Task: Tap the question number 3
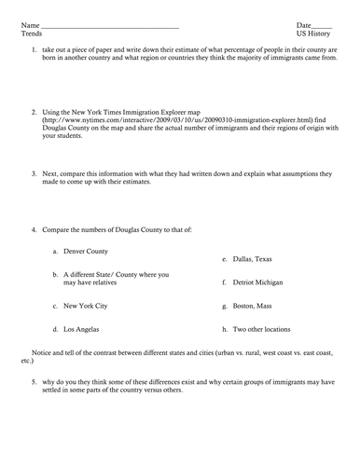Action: click(x=34, y=173)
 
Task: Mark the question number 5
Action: click(x=34, y=381)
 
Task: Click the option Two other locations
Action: click(x=262, y=329)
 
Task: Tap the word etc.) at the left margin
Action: click(x=27, y=362)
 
